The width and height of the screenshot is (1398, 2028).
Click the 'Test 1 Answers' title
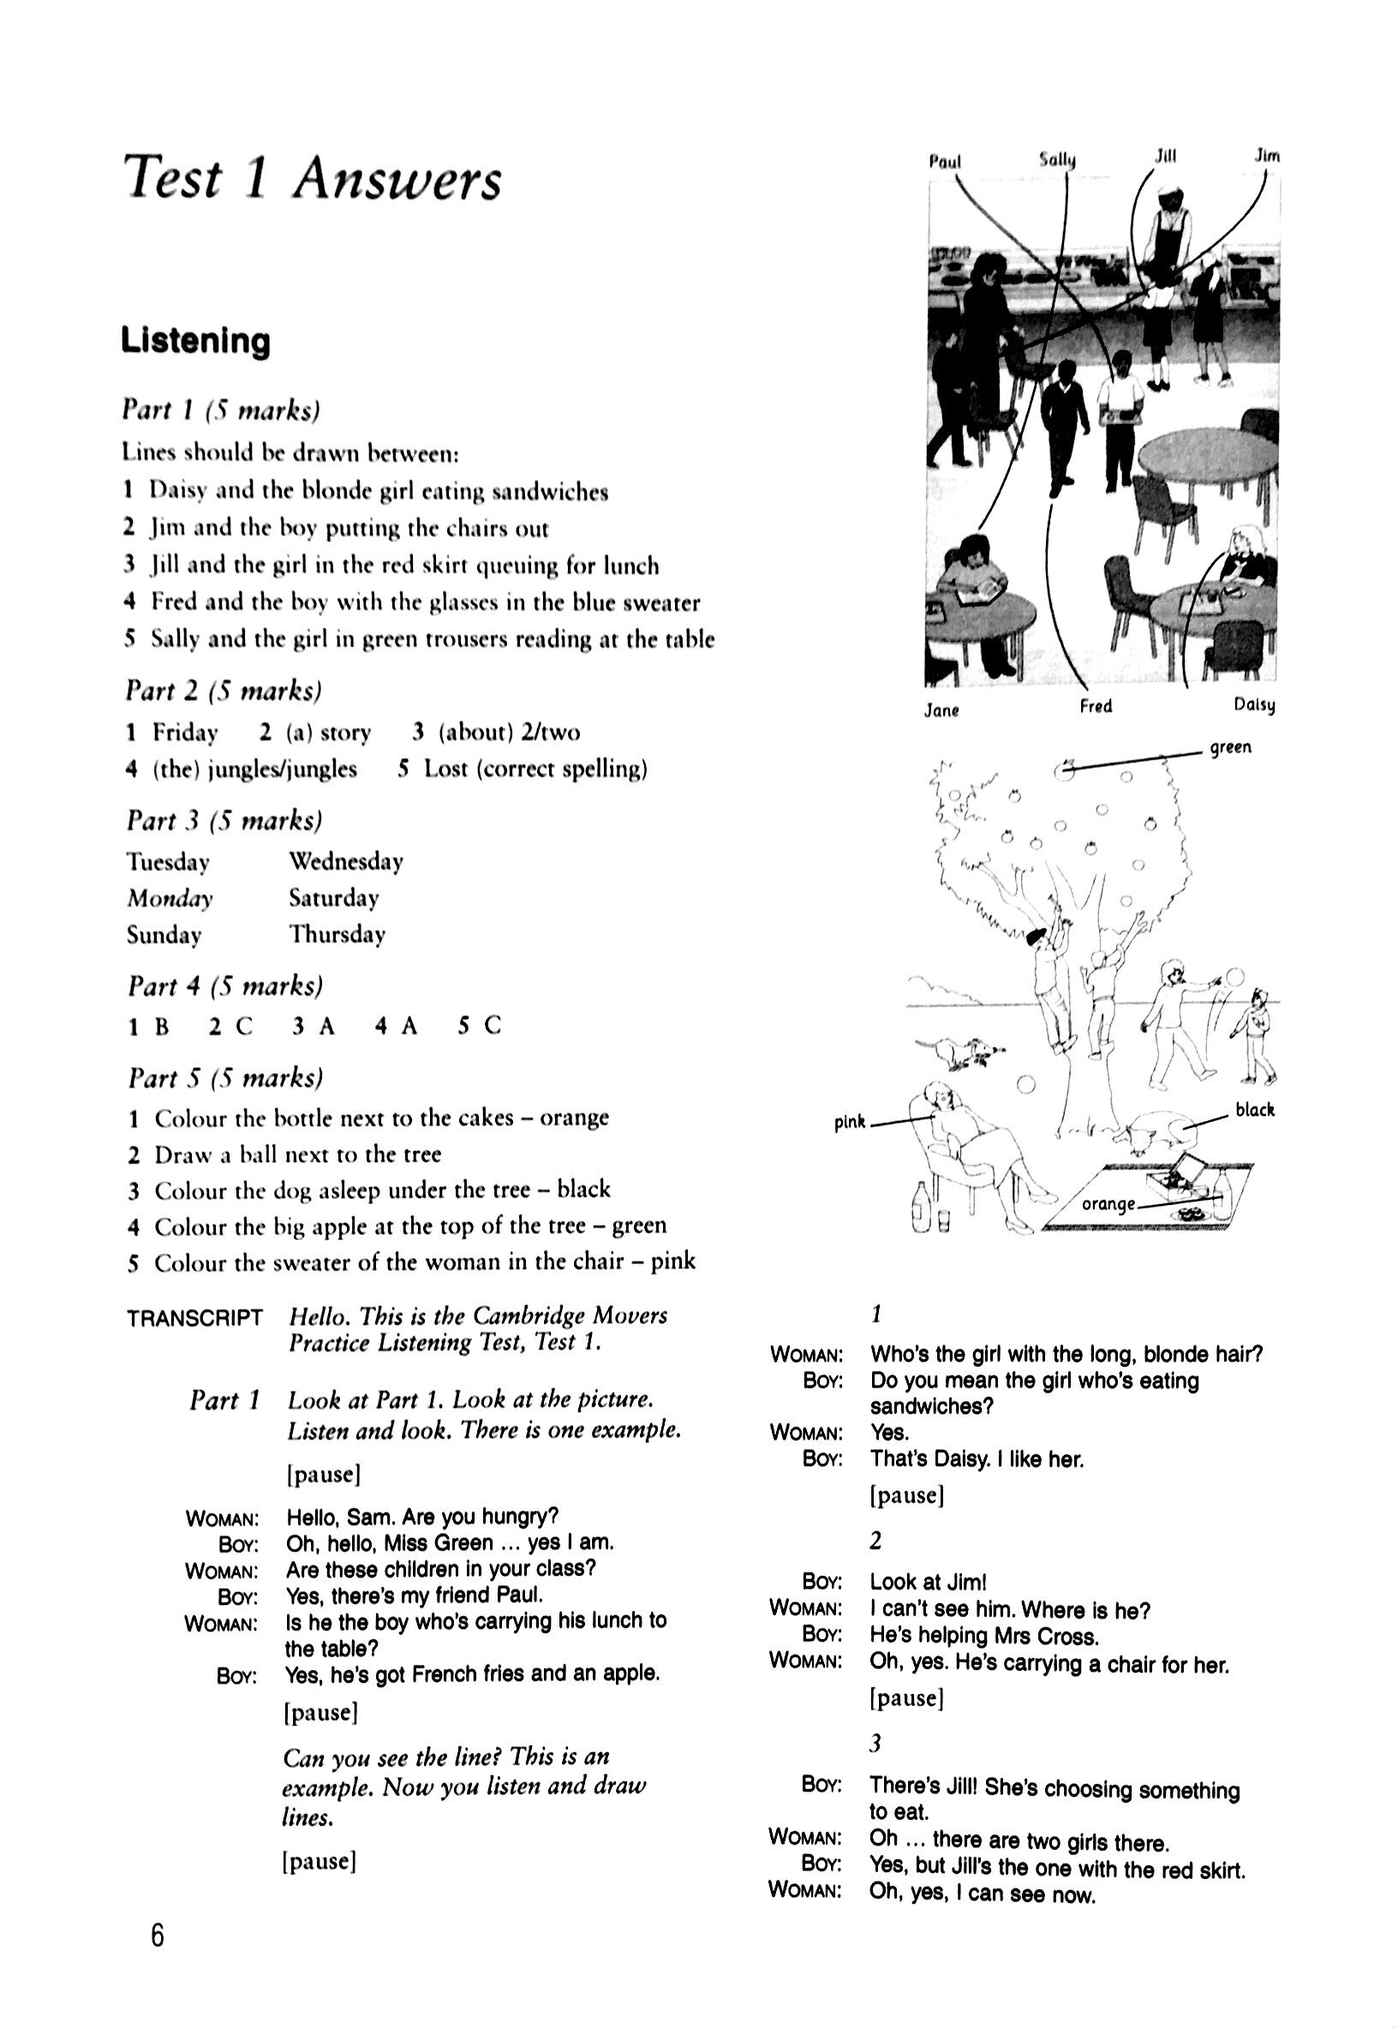click(x=312, y=179)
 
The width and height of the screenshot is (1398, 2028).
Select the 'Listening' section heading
click(x=195, y=340)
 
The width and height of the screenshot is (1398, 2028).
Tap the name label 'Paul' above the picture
click(x=944, y=161)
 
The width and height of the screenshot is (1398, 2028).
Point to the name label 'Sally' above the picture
click(x=1057, y=159)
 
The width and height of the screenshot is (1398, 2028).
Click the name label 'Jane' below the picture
click(x=941, y=710)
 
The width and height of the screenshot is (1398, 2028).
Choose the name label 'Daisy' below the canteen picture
click(x=1253, y=705)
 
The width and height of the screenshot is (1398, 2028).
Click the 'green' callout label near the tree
click(x=1230, y=747)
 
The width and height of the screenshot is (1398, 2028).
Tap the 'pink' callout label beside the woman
click(x=849, y=1121)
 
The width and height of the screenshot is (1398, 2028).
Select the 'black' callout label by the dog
click(x=1254, y=1109)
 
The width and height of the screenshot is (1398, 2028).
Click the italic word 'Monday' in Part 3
click(x=170, y=898)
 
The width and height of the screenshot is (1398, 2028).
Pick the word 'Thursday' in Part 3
click(x=338, y=934)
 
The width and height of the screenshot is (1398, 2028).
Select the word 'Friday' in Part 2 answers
click(x=185, y=732)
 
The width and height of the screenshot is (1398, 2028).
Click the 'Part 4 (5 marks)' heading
click(x=225, y=986)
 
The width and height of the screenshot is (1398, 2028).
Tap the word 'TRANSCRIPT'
click(x=194, y=1317)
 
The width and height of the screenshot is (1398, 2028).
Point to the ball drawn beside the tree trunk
click(x=1024, y=1085)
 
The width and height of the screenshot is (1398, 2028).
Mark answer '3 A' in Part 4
click(x=314, y=1025)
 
